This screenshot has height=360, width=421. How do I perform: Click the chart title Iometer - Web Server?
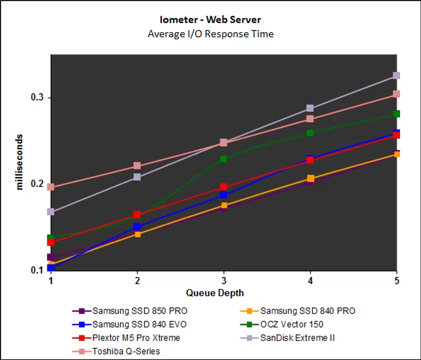tap(210, 19)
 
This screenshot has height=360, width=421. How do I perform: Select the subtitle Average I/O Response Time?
tap(210, 33)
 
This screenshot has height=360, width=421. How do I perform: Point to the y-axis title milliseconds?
tap(20, 161)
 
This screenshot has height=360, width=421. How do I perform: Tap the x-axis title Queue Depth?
tap(215, 293)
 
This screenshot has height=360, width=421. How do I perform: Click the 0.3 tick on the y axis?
tap(37, 97)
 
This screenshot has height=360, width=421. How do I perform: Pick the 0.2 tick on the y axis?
tap(37, 184)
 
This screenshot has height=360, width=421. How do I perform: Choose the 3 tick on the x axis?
tap(224, 280)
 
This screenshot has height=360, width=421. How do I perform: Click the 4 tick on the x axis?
tap(310, 280)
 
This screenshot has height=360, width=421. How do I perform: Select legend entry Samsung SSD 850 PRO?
tap(140, 311)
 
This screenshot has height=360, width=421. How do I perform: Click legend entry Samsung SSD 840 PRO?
tap(307, 311)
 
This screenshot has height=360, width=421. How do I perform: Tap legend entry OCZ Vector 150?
tap(292, 324)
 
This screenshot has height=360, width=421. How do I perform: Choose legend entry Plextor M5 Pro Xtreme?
tap(136, 338)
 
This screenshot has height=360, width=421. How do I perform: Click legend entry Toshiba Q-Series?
tap(126, 351)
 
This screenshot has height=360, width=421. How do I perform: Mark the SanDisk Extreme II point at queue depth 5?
tap(396, 76)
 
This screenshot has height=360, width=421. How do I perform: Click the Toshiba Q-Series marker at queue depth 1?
tap(51, 187)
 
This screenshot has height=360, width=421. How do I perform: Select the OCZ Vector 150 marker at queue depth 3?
tap(224, 159)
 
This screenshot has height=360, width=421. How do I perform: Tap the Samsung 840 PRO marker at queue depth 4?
tap(310, 179)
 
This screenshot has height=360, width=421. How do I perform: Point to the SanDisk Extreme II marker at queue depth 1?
tap(51, 212)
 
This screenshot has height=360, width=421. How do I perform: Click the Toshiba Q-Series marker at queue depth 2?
tap(137, 166)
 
